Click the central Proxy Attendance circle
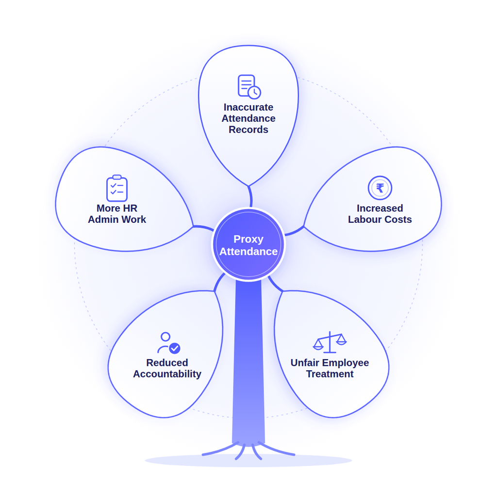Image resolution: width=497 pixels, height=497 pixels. coord(248,245)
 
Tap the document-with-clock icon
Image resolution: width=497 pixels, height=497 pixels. coord(249,86)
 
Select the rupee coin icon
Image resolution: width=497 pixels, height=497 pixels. coord(380,188)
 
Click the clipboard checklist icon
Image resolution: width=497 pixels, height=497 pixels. coord(117,188)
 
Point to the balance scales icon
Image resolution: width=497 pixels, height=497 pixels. coord(330,342)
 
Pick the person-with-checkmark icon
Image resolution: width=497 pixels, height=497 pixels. coord(168,343)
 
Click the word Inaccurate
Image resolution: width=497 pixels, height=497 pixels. coord(248,107)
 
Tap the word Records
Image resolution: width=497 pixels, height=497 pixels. coord(248,130)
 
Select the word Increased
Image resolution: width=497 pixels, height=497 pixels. coord(380,208)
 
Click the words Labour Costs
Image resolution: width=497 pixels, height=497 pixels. coord(380,219)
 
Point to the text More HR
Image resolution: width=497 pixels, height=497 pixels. coord(117,208)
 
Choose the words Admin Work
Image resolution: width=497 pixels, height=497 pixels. coord(117,219)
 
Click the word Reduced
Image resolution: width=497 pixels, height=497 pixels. coord(167,363)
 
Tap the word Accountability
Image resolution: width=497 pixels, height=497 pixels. coord(167,374)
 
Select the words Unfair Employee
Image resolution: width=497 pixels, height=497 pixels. coord(330,363)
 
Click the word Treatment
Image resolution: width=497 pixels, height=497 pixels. coord(330,374)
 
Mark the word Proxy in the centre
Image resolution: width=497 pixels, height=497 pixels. coord(248,239)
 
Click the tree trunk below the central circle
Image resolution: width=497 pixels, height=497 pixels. coord(248,361)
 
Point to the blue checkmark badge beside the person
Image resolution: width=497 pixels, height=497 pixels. coord(175,348)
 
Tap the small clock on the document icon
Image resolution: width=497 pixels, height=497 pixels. coord(254,93)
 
